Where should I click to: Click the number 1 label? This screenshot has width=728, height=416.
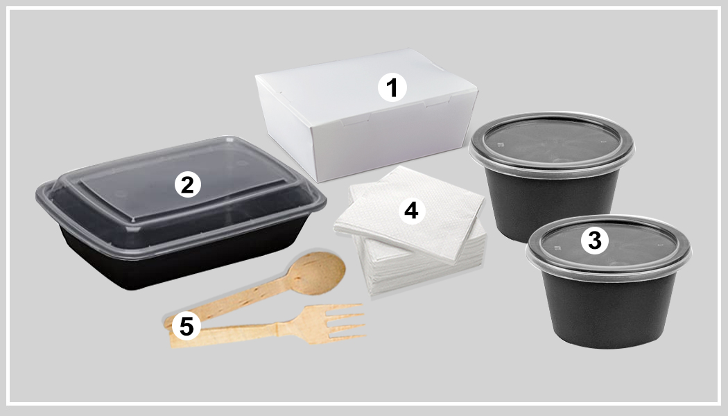click(x=392, y=88)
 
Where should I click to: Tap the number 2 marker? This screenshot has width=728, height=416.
click(x=187, y=184)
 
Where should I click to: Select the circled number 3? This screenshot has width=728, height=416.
click(x=594, y=240)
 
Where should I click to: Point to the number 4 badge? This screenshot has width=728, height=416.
click(x=412, y=210)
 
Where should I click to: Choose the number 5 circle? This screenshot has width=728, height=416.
click(x=186, y=326)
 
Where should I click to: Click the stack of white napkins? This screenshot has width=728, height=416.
click(x=409, y=236)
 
